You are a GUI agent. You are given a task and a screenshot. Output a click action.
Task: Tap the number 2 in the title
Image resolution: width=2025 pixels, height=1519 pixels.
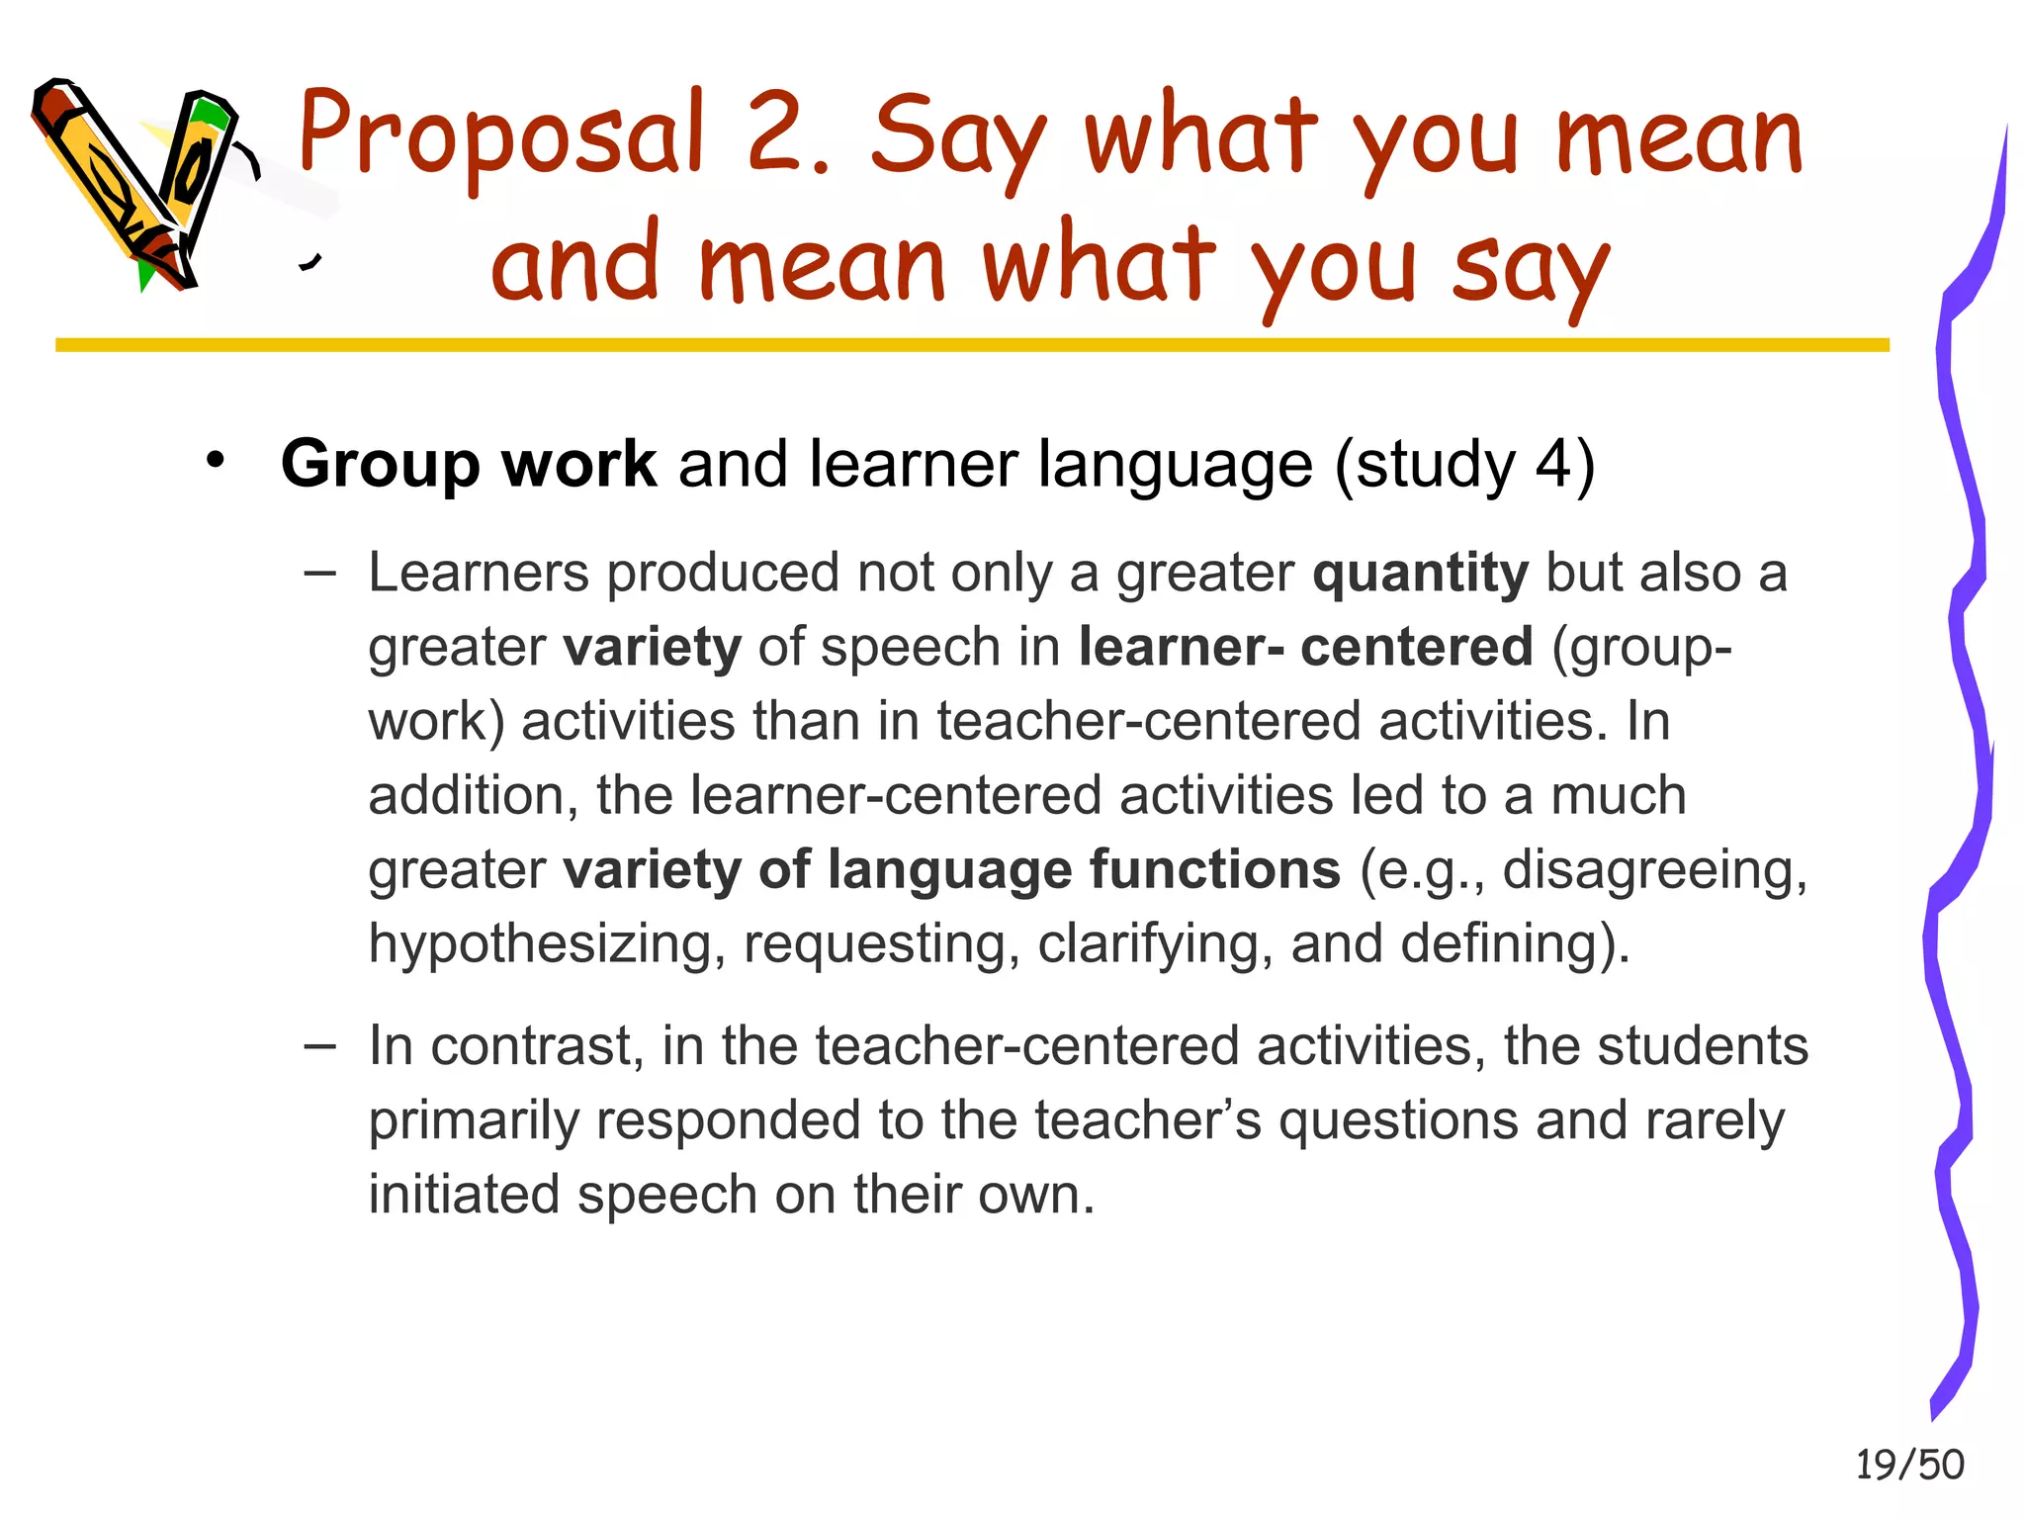(776, 134)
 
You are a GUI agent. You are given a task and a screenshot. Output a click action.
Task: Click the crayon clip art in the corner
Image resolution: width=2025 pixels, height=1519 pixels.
(138, 183)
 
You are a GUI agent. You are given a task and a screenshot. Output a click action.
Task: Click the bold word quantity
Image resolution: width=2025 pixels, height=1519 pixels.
(1420, 574)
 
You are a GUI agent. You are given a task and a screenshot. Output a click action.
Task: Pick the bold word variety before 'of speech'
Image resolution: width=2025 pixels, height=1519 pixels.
(652, 648)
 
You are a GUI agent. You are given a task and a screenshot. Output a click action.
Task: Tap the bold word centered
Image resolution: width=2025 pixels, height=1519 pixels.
(1416, 648)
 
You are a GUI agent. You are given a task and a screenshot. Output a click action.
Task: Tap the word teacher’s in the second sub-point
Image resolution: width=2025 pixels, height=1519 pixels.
(1148, 1120)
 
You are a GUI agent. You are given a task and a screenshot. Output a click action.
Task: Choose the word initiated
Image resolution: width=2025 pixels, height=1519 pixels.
(464, 1195)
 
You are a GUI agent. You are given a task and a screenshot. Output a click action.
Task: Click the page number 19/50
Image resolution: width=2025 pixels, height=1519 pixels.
(1909, 1465)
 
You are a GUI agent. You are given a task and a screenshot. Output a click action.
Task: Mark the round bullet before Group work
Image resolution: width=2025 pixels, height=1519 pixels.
(216, 461)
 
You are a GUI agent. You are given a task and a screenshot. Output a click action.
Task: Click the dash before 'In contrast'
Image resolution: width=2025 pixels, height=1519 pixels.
(320, 1046)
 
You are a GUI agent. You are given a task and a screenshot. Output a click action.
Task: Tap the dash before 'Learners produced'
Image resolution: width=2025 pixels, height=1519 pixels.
(320, 573)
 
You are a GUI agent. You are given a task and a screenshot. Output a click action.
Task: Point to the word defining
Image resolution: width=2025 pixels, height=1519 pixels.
(1514, 944)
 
